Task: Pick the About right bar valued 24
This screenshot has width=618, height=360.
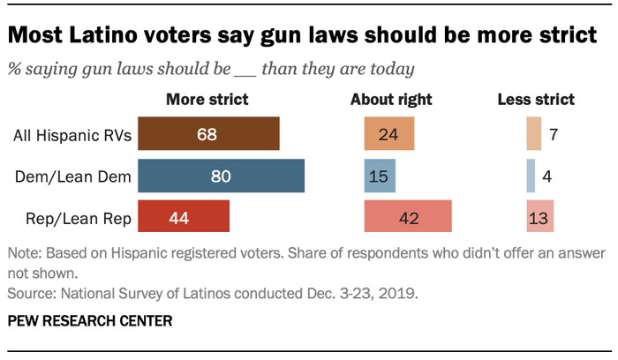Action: tap(388, 135)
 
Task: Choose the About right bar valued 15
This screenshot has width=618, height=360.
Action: tap(380, 176)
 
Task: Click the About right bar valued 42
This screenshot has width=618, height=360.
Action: tap(407, 217)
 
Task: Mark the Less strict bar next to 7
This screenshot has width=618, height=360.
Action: tap(533, 135)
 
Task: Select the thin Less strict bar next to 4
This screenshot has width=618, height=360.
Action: tap(531, 176)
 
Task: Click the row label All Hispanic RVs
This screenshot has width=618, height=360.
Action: tap(72, 136)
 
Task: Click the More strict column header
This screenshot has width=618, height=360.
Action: tap(207, 99)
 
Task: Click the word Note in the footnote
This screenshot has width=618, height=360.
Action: tap(23, 254)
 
